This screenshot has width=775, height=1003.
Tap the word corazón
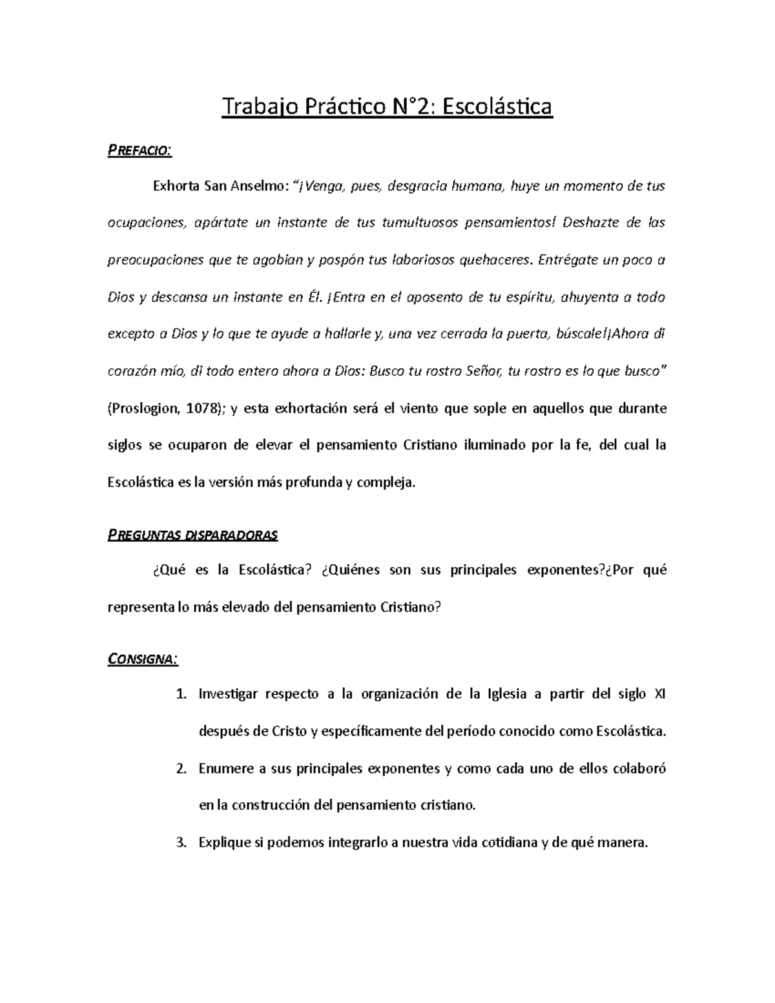click(132, 372)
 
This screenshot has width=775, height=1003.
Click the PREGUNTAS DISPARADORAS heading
click(192, 535)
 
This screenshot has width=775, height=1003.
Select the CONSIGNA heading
click(142, 659)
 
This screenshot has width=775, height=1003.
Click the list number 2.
click(181, 769)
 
